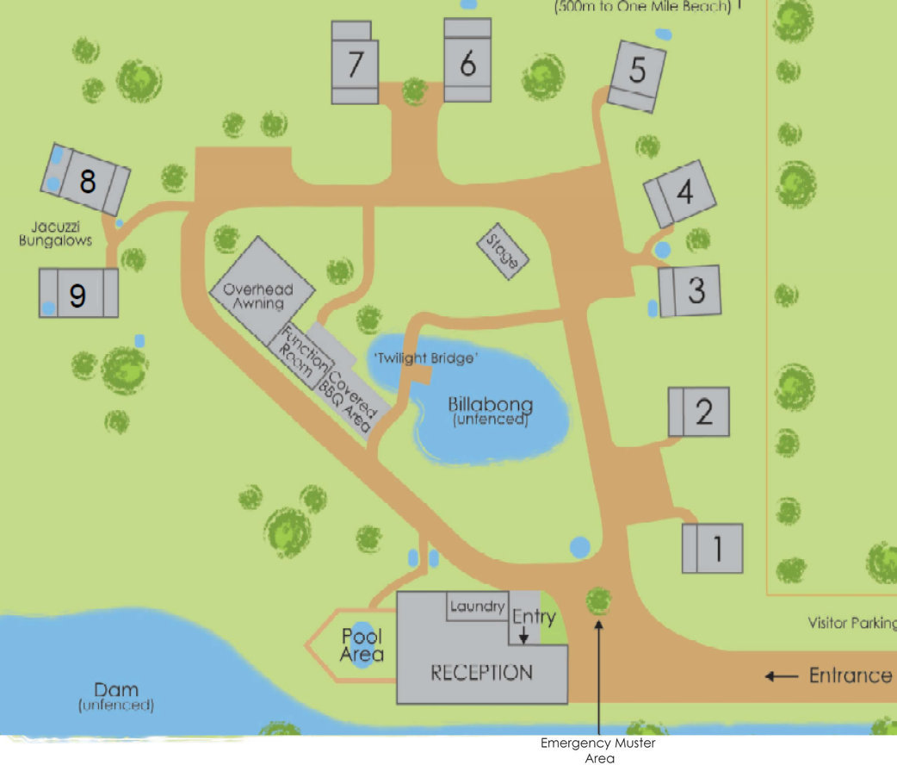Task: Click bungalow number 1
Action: (713, 548)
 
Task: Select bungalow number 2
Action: (700, 412)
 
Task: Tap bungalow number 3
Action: (690, 290)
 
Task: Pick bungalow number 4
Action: (681, 193)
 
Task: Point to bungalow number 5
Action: (637, 75)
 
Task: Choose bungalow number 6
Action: (467, 62)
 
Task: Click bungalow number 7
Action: (355, 64)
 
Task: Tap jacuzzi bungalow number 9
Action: (77, 293)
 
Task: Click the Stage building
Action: (503, 251)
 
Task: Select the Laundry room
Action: (476, 606)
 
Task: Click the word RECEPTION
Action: (481, 673)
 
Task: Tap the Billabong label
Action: (490, 405)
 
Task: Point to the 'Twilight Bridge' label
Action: (425, 358)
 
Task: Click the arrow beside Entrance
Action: (782, 676)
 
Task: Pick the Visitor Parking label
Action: (851, 623)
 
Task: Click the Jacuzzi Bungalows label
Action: (55, 233)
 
